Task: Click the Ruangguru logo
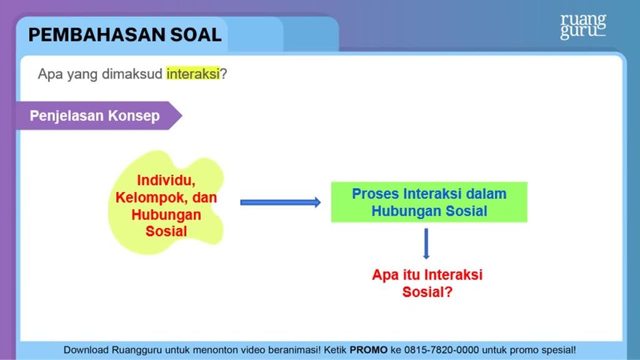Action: click(x=583, y=26)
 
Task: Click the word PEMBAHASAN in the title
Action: click(x=96, y=35)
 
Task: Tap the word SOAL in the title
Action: click(x=196, y=35)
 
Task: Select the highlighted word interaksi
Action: click(x=192, y=74)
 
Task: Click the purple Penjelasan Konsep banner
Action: click(x=99, y=116)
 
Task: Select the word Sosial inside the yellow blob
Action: click(x=166, y=231)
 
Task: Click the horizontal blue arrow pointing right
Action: click(x=281, y=202)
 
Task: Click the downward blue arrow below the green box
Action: click(x=426, y=244)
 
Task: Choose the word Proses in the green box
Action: click(x=376, y=194)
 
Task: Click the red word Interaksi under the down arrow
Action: click(x=454, y=275)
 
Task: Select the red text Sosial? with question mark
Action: click(x=427, y=292)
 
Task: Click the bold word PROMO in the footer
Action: click(x=369, y=350)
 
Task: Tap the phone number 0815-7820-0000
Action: click(x=441, y=350)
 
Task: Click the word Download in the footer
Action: click(x=86, y=350)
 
